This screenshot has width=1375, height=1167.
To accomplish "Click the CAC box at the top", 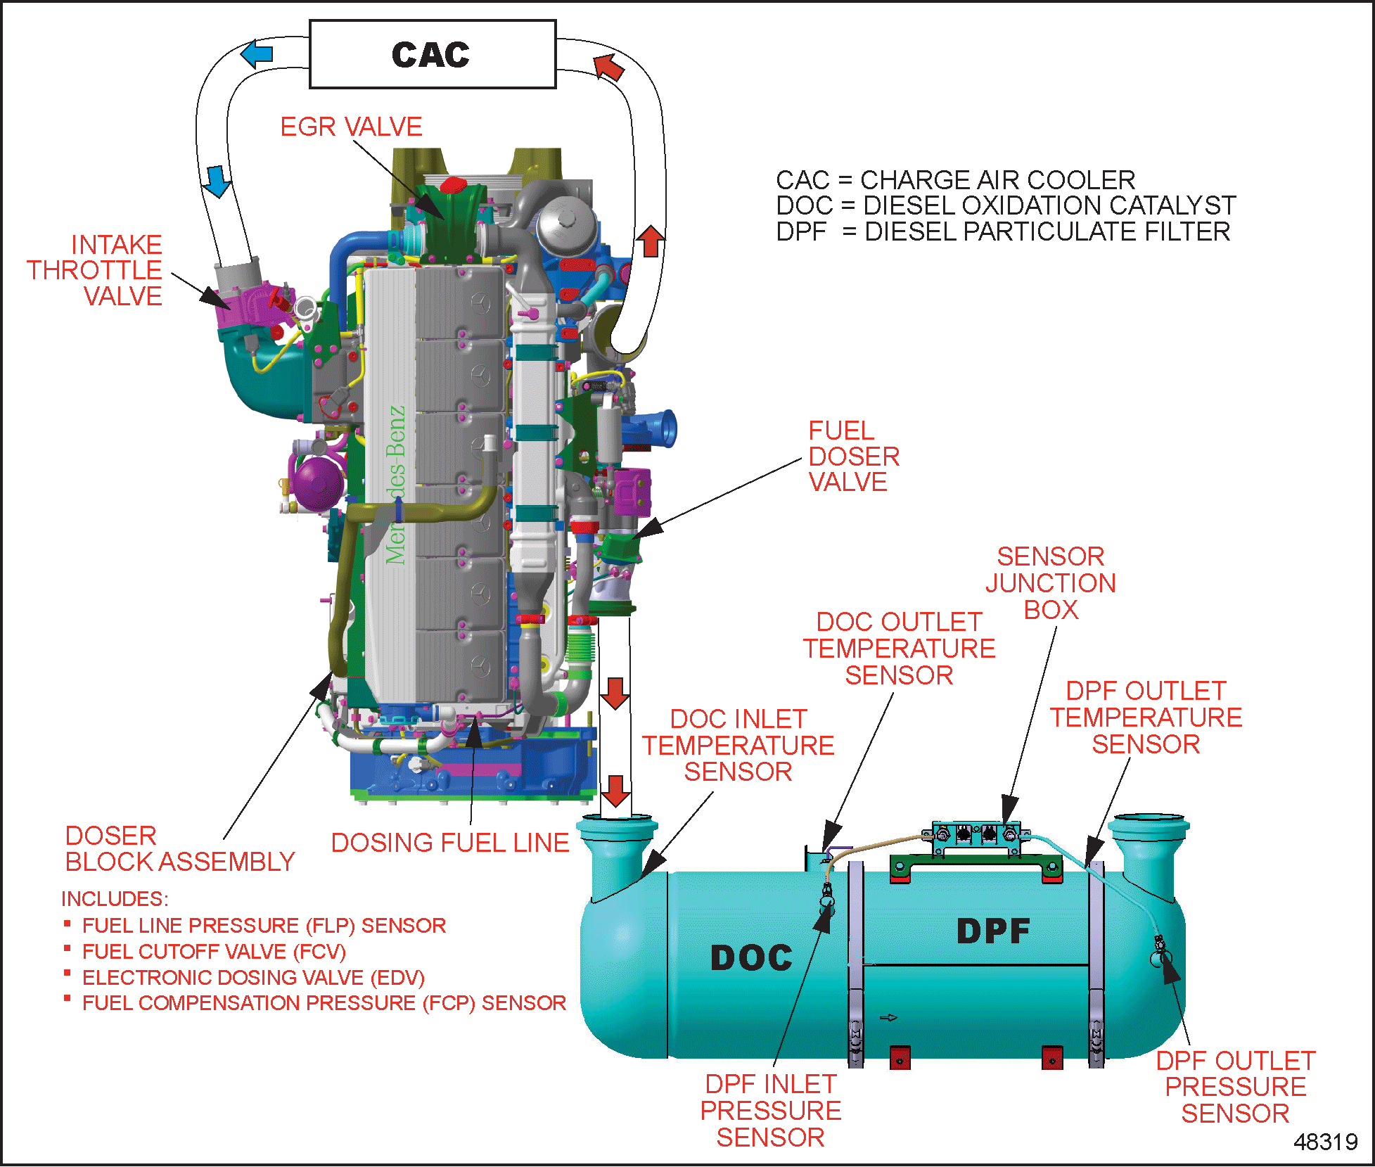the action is point(433,54).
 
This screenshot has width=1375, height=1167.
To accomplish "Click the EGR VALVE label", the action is point(351,127).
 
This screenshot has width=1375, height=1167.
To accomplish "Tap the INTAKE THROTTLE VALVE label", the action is point(95,270).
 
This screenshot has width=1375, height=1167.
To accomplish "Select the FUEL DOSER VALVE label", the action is point(854,457).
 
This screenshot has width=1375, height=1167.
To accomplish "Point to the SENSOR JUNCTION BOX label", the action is point(1051,583).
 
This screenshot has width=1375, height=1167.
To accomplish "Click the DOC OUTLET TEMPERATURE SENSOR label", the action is point(900,649).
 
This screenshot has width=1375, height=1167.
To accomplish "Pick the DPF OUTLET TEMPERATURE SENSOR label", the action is point(1146,718).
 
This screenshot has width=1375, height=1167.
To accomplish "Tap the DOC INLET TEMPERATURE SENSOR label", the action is point(738,745).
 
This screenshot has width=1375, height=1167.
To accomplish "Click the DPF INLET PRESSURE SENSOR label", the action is point(771,1111).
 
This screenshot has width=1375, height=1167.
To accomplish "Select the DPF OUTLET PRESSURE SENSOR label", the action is point(1236,1087).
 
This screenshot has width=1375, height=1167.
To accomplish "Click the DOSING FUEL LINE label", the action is point(450,843).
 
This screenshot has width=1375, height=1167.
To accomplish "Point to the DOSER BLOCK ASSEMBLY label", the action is point(180,848).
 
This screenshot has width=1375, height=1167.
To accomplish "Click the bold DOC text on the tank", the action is point(752,958).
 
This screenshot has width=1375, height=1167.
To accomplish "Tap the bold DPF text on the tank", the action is point(994,931).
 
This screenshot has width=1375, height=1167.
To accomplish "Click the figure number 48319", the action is point(1326,1142).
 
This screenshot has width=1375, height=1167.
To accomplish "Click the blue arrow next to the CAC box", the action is point(257,53).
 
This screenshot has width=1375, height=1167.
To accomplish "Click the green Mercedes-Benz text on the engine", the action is point(396,485).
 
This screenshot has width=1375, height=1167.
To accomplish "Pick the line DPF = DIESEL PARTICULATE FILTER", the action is point(1004,231).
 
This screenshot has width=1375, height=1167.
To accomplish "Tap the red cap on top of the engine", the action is point(454,186).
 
